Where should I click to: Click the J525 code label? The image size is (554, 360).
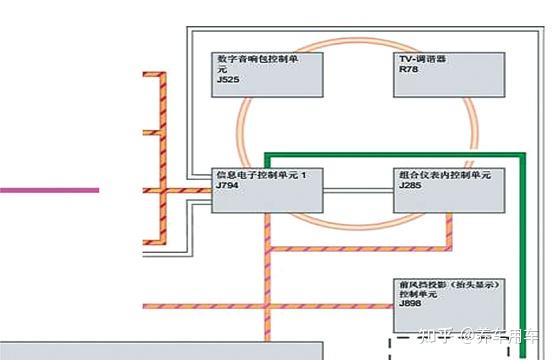(228, 79)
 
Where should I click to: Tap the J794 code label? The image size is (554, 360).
(228, 187)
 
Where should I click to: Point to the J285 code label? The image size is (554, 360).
(408, 187)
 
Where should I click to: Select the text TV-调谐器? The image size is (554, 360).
(422, 59)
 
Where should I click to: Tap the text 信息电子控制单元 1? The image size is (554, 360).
(269, 176)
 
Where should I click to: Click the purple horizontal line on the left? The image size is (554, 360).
(50, 189)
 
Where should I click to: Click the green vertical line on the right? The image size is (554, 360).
(522, 260)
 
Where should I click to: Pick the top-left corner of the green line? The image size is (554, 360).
(267, 156)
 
